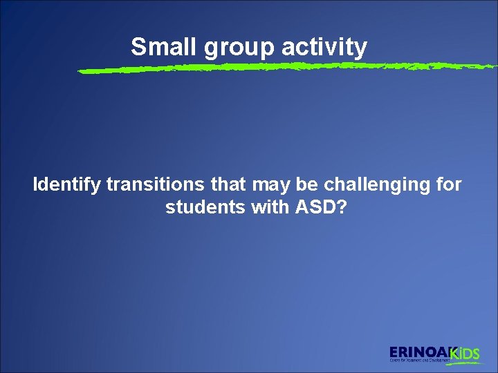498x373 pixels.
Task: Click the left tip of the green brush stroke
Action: click(80, 71)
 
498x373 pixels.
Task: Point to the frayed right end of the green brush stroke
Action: click(492, 66)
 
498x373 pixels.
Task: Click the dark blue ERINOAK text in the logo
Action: click(419, 351)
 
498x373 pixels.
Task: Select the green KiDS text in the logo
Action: click(465, 354)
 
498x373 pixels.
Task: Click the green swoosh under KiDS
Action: click(463, 361)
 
